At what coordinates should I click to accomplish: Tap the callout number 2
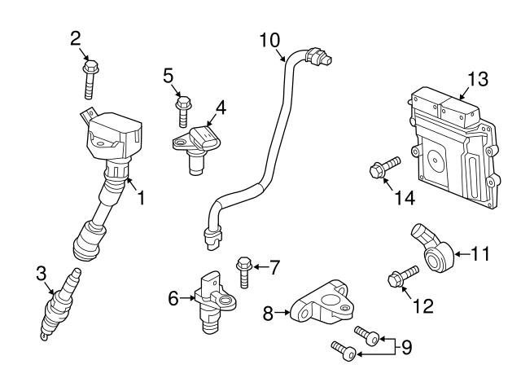click(76, 37)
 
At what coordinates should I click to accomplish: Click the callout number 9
click(406, 348)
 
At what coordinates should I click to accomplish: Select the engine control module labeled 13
click(454, 147)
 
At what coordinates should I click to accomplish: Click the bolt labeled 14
click(382, 169)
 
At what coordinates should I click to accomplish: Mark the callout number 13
click(478, 79)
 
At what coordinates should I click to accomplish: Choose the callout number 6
click(173, 299)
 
